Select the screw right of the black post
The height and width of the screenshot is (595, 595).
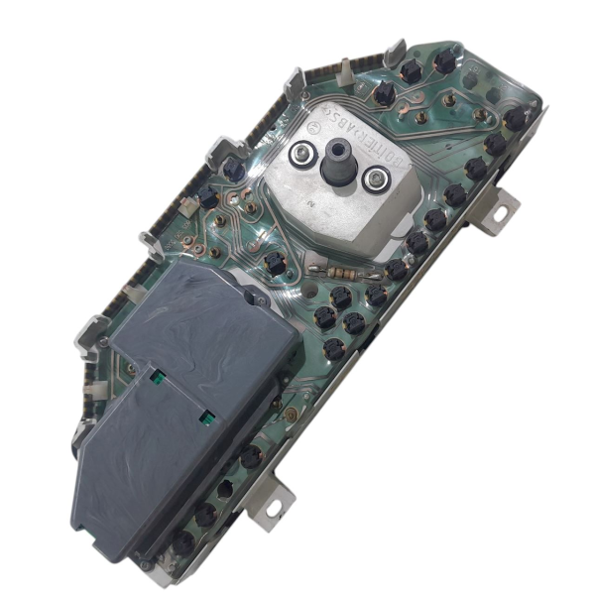pos(374,179)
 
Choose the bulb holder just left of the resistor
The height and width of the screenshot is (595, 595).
pos(276,263)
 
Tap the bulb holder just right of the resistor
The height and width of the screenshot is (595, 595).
pos(396,269)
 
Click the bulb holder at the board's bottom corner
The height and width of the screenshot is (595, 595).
pos(183,541)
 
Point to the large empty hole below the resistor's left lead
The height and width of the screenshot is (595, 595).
pos(315,293)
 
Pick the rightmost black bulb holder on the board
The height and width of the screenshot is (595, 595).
pos(515,119)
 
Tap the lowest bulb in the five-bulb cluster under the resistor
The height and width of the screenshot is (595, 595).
pos(334,348)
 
